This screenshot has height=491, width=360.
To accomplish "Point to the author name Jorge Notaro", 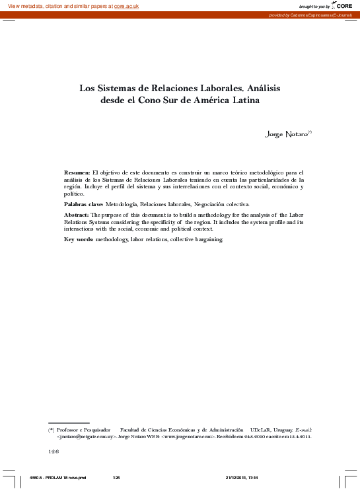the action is tap(285, 134).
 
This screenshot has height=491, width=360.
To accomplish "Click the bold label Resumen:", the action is tap(77, 172).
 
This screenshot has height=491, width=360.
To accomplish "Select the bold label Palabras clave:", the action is tap(84, 206).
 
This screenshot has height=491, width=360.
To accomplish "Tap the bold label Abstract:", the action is tap(77, 215).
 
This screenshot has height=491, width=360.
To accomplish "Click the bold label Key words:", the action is tap(79, 239).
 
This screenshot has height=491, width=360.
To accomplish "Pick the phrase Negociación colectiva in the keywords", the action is tap(222, 206).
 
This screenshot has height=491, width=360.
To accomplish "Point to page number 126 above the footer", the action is tap(54, 451).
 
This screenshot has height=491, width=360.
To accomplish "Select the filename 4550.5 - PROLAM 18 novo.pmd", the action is tap(59, 477).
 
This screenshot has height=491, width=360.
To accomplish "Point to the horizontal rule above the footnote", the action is tap(69, 423).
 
